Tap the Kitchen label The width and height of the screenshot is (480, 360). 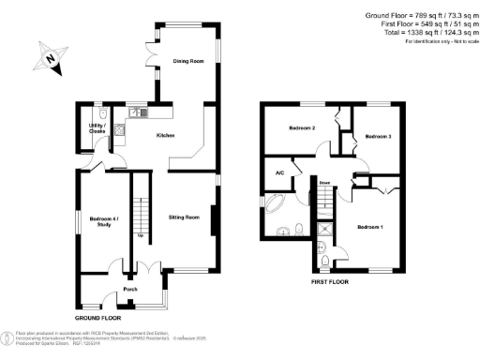(x=166, y=137)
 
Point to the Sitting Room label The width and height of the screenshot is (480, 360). (x=184, y=217)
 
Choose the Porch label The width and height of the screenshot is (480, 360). (x=130, y=290)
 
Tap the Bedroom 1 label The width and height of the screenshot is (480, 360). (x=369, y=228)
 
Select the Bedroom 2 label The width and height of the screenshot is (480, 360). (x=300, y=128)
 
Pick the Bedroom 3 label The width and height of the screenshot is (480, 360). (x=377, y=137)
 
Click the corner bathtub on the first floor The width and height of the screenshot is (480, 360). (x=278, y=205)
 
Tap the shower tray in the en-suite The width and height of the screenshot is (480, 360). (x=325, y=226)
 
